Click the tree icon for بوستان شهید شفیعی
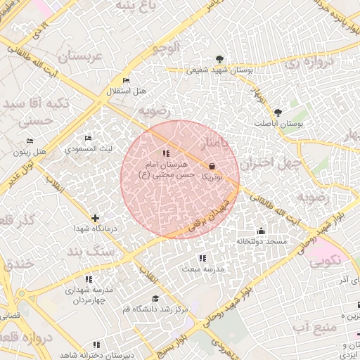pos(220,59)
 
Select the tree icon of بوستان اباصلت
pos(278,112)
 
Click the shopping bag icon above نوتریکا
pos(212,167)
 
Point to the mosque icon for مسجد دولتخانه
pos(261,231)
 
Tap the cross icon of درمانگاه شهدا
pos(95,218)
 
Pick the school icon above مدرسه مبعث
pos(202,258)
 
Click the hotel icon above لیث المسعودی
pos(88,139)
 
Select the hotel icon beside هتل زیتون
pos(19,151)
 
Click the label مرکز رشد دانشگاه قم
pos(155,309)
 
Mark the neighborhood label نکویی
pos(325,259)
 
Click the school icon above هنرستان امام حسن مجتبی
pos(166,153)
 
